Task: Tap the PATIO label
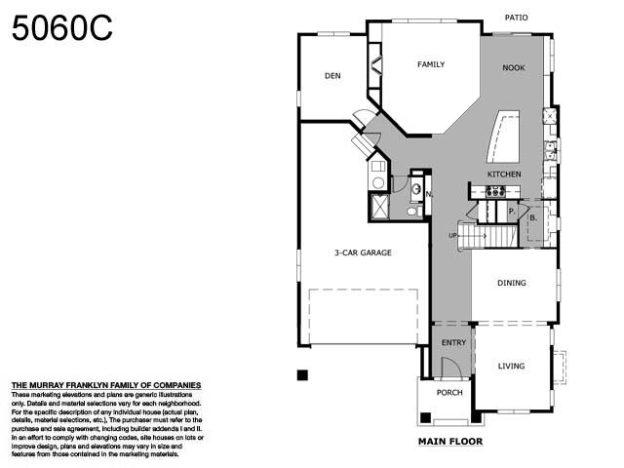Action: (517, 18)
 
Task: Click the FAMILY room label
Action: (431, 65)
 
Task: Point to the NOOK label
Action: (513, 68)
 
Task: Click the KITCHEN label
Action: (504, 175)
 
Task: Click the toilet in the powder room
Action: (411, 210)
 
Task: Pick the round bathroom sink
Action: (416, 188)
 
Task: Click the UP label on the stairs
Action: (452, 236)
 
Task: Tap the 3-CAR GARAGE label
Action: (363, 253)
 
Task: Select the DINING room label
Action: (511, 284)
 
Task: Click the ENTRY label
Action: (453, 342)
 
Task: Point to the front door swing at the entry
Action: (450, 368)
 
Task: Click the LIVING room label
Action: (511, 367)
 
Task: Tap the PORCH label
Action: (449, 393)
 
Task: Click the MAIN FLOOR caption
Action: (449, 441)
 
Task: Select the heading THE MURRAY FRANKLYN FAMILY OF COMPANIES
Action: (105, 386)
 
